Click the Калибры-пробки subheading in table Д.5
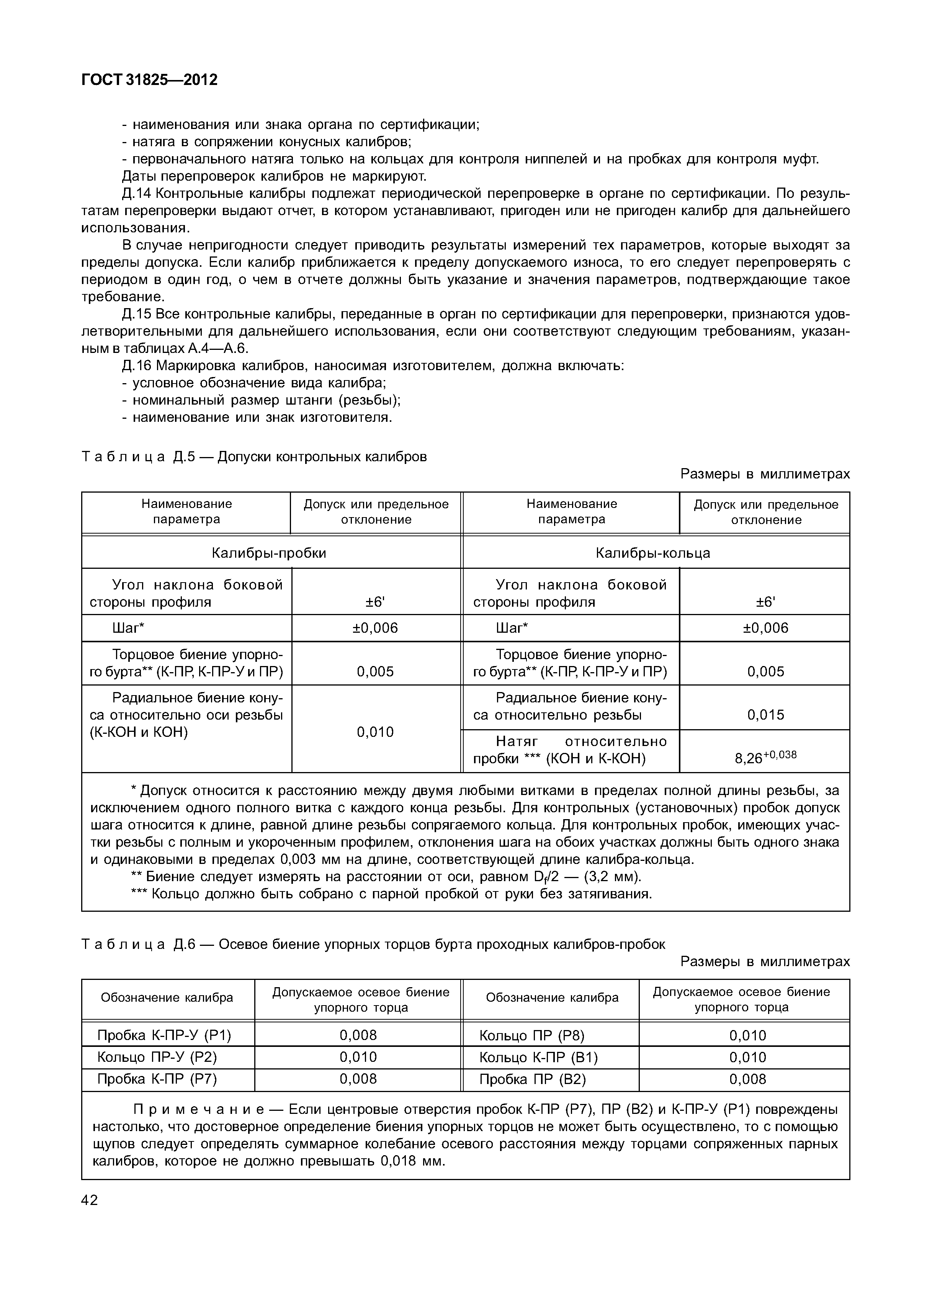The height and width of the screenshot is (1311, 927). [x=269, y=553]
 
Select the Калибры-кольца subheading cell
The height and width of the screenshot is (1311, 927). [x=653, y=553]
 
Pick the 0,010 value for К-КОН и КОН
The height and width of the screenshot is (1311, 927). [x=375, y=732]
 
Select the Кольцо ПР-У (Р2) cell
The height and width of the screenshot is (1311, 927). [x=157, y=1057]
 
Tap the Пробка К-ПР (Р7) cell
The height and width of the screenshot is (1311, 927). [x=157, y=1079]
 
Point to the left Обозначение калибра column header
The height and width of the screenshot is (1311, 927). [x=167, y=998]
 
